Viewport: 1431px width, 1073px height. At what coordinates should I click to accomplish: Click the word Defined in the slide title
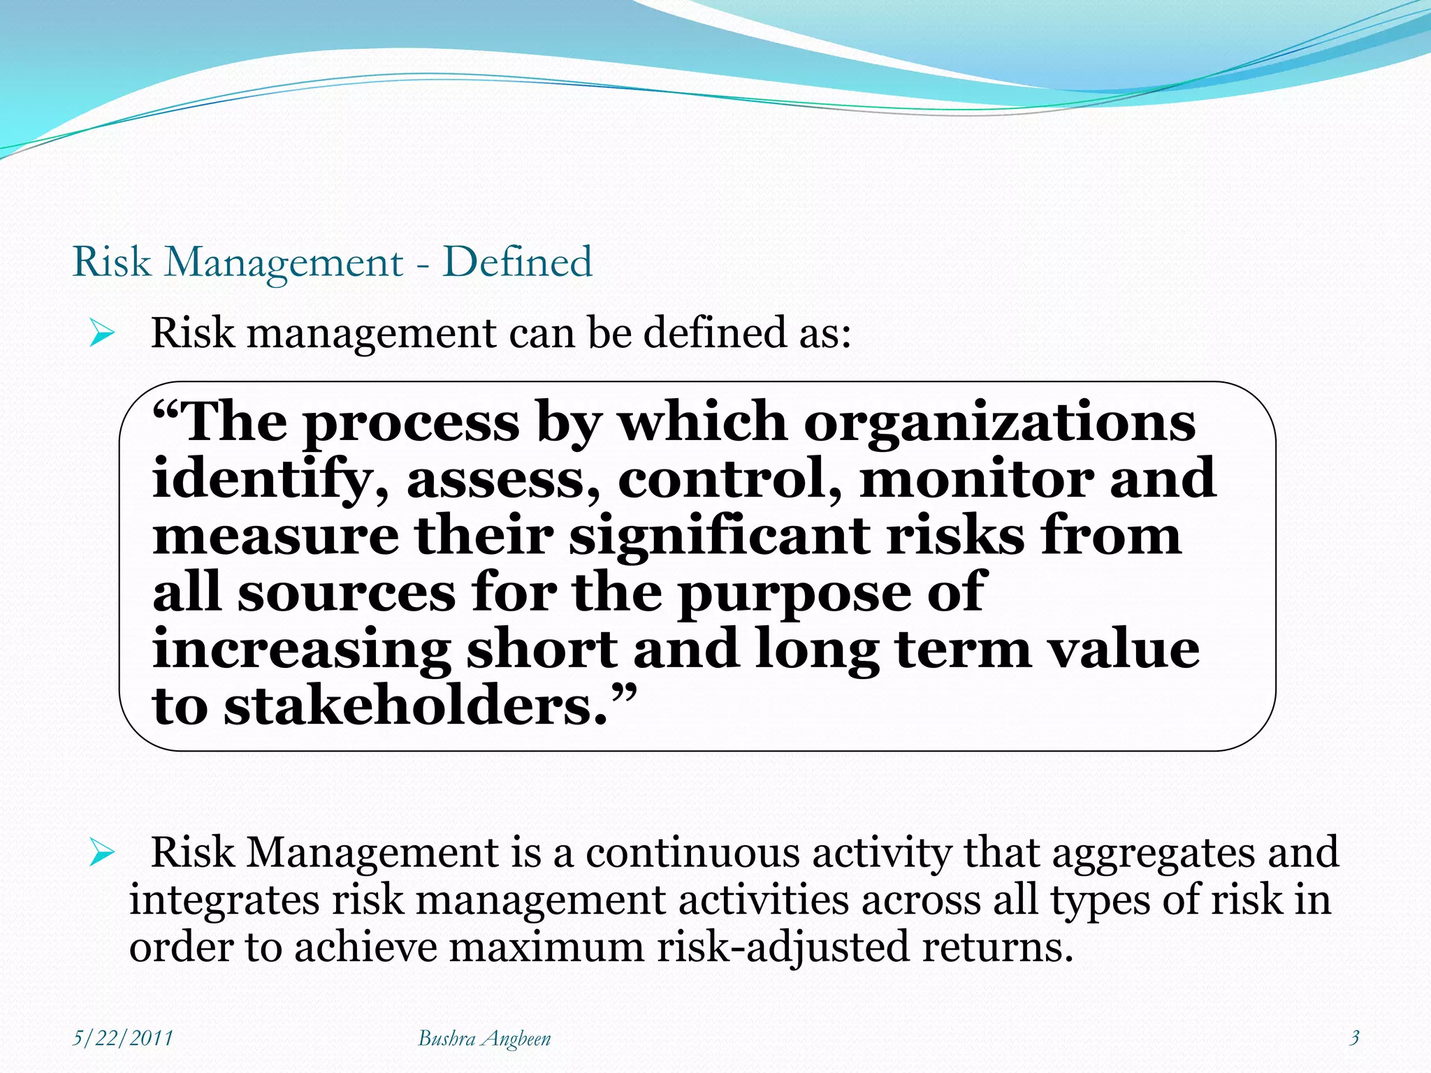pyautogui.click(x=518, y=262)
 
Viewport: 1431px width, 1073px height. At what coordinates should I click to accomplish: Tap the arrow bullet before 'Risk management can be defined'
pyautogui.click(x=102, y=334)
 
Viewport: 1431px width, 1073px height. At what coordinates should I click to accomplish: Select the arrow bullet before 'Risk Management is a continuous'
pyautogui.click(x=102, y=854)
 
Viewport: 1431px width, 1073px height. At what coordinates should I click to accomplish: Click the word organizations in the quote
pyautogui.click(x=1000, y=423)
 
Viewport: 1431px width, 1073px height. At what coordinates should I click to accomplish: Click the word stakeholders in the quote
pyautogui.click(x=416, y=706)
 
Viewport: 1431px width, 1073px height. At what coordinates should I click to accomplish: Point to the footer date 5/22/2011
pyautogui.click(x=123, y=1038)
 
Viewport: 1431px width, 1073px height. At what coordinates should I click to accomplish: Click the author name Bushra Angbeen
pyautogui.click(x=484, y=1039)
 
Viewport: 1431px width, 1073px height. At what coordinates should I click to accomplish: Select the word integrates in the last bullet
pyautogui.click(x=224, y=900)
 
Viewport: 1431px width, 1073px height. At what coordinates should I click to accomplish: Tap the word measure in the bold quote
pyautogui.click(x=276, y=536)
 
